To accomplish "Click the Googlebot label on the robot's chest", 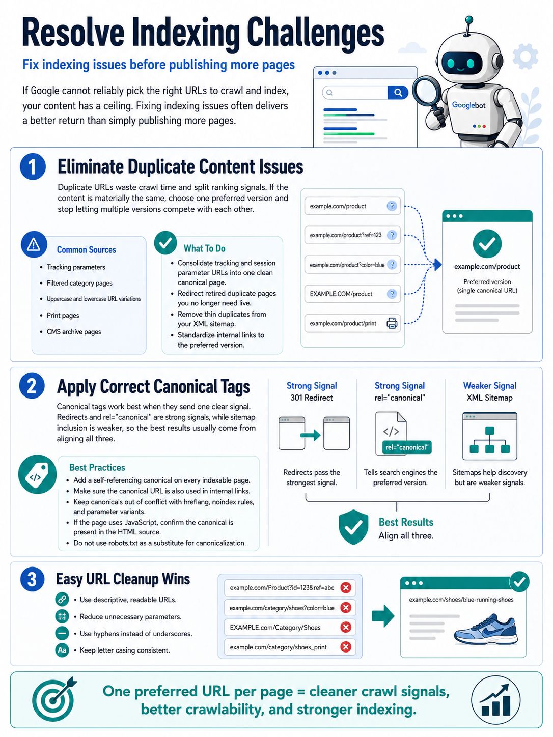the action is point(468,105).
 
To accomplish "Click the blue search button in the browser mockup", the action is point(398,92).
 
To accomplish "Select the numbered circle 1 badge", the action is point(33,166).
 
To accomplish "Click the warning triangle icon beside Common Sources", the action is point(34,244).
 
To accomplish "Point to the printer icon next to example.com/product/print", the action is point(392,323).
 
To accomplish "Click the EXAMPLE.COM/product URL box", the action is point(352,294).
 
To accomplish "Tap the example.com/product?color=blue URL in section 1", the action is point(347,265).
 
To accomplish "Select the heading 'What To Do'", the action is point(204,248).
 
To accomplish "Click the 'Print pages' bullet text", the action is point(63,315).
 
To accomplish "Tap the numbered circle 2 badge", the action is point(32,386).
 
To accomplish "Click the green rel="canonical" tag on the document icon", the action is point(407,447).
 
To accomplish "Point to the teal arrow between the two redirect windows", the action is point(310,436).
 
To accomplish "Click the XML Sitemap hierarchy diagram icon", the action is point(489,436).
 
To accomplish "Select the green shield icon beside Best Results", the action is point(353,527).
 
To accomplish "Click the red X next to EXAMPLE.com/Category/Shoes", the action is point(346,627).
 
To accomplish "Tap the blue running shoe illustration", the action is point(485,631).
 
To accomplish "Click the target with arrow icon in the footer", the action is point(54,699).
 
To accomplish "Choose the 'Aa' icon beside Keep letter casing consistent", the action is point(62,650).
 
